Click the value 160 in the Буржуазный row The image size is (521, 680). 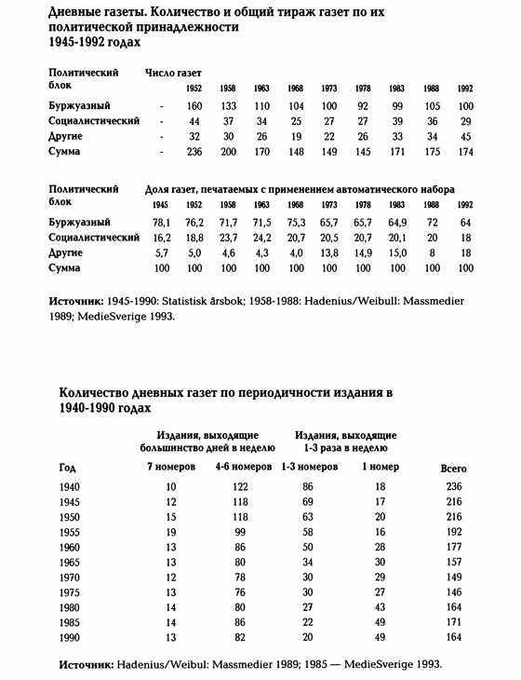click(194, 105)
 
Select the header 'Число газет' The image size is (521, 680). click(173, 72)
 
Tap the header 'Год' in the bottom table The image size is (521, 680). click(68, 468)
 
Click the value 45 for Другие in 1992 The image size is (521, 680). click(465, 135)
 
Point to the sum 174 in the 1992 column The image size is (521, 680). click(465, 150)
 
